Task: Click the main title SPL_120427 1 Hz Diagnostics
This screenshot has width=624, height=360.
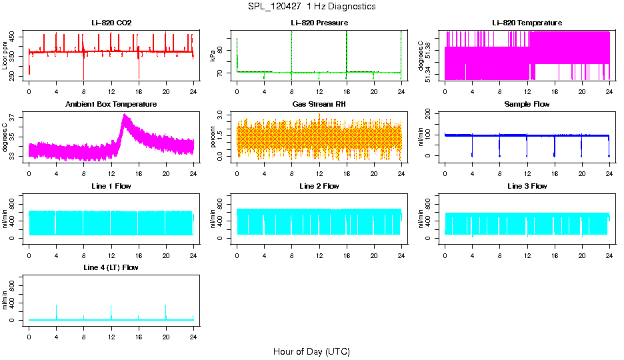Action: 311,6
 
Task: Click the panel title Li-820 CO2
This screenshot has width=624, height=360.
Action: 111,23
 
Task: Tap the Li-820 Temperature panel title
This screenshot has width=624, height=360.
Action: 527,23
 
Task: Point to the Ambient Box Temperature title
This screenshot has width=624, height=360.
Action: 111,104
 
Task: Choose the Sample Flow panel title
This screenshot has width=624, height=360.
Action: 527,104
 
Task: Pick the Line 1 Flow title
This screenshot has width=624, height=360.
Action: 111,186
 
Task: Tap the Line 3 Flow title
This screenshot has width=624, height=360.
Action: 527,186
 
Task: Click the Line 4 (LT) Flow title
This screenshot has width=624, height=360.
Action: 111,267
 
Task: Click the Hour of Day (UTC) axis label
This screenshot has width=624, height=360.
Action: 311,351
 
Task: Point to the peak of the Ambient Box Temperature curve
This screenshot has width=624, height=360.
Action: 125,115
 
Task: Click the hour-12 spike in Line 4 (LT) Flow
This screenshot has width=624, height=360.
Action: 111,306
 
